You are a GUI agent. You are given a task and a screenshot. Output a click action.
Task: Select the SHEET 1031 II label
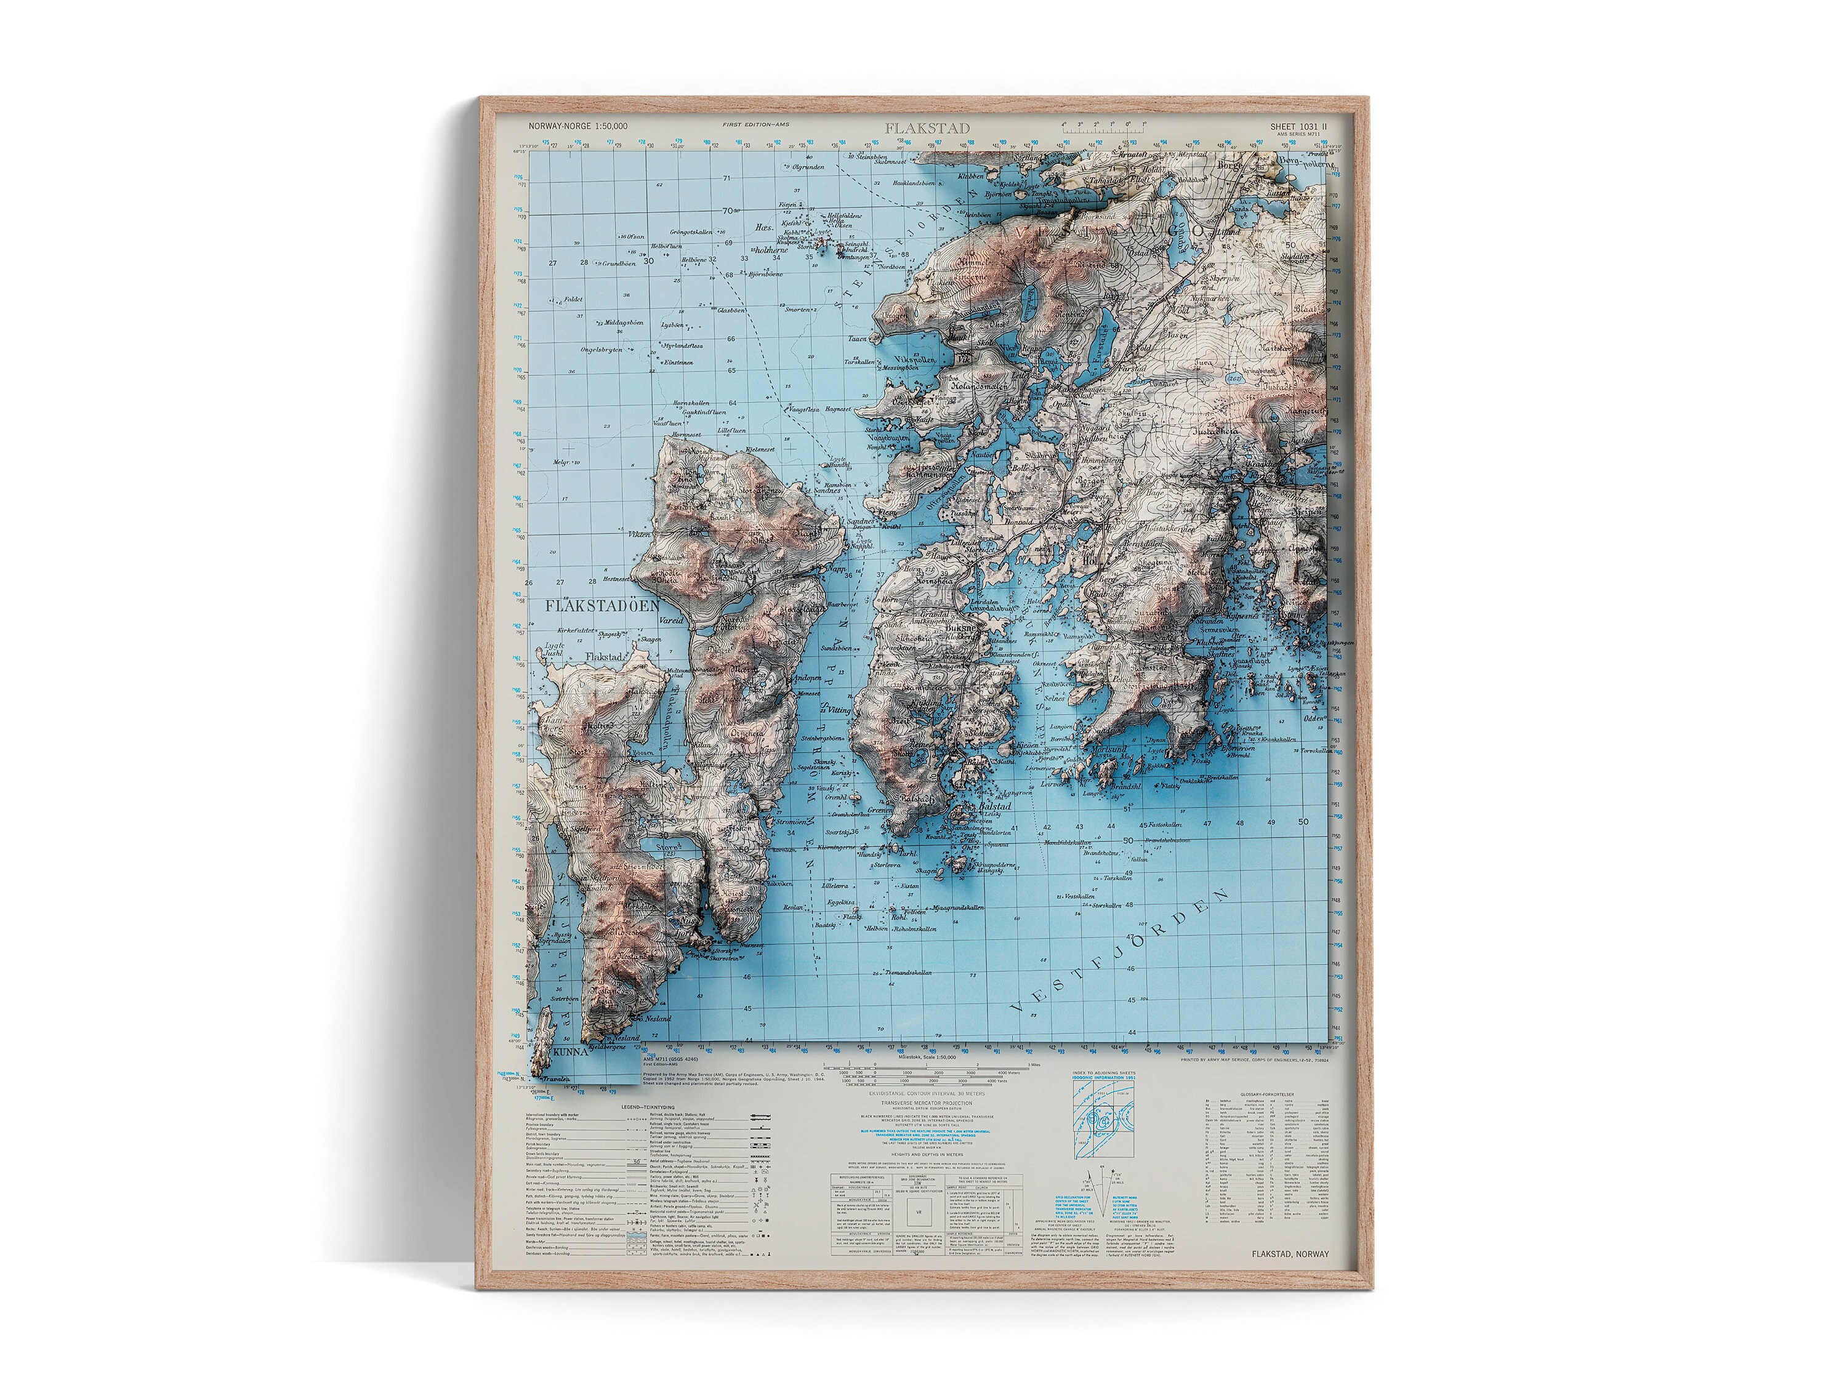coord(1298,126)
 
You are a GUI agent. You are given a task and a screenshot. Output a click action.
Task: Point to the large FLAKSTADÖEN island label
coord(602,606)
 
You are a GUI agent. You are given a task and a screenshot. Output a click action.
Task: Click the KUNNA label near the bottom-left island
coord(569,1053)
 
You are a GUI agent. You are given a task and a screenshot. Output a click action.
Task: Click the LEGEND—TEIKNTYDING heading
coord(647,1107)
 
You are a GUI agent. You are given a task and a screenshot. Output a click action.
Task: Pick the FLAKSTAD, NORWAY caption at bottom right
coord(1289,1254)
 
